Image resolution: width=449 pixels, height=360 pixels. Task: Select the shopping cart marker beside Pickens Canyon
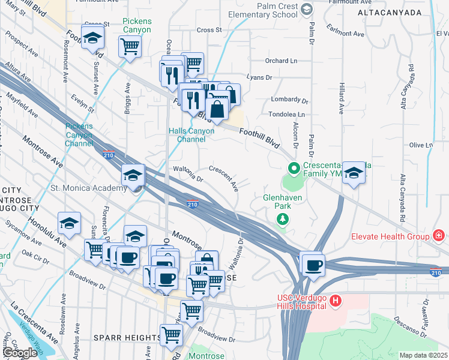pyautogui.click(x=130, y=46)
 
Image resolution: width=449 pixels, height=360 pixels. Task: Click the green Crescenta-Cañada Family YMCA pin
pyautogui.click(x=294, y=169)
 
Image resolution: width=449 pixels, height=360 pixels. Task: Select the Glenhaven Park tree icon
pyautogui.click(x=282, y=220)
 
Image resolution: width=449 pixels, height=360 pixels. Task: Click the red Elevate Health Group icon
pyautogui.click(x=439, y=236)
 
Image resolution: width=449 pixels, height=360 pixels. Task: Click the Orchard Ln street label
pyautogui.click(x=282, y=61)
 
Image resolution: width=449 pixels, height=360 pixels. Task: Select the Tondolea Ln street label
pyautogui.click(x=289, y=114)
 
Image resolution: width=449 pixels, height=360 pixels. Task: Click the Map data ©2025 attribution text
pyautogui.click(x=423, y=355)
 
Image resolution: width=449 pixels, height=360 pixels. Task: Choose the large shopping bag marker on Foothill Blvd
pyautogui.click(x=217, y=110)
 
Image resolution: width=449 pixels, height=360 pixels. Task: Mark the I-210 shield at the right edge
pyautogui.click(x=436, y=273)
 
